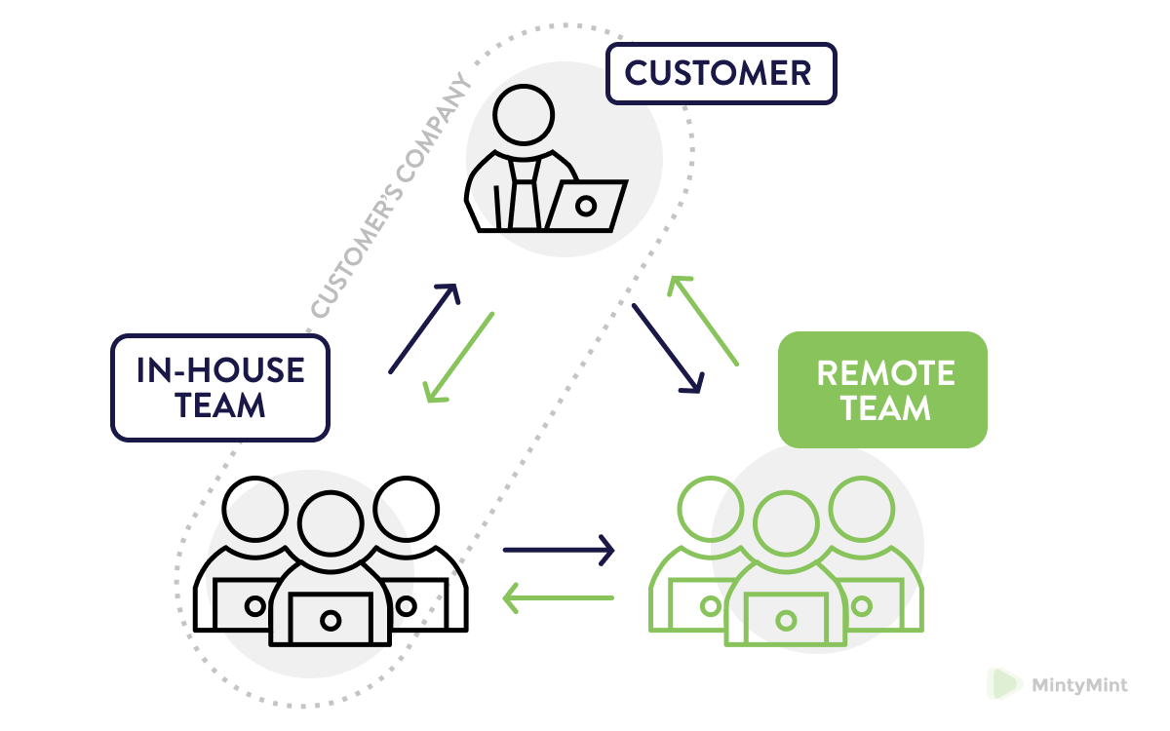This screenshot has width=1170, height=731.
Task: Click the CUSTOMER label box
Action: (x=721, y=73)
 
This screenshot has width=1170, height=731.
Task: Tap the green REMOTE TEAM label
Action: (x=882, y=389)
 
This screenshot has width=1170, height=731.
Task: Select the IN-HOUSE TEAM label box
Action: (x=220, y=387)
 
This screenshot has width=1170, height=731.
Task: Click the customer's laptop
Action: (x=584, y=206)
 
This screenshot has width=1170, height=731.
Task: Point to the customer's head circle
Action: (x=524, y=113)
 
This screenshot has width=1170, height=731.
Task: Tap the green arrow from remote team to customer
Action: (x=702, y=321)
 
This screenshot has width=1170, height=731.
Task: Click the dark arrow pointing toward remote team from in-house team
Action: (x=559, y=550)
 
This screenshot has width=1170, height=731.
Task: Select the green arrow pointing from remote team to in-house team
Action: (x=559, y=597)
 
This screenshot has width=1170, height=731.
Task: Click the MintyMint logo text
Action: (x=1079, y=685)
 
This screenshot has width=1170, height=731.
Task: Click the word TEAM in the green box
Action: (x=885, y=406)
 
